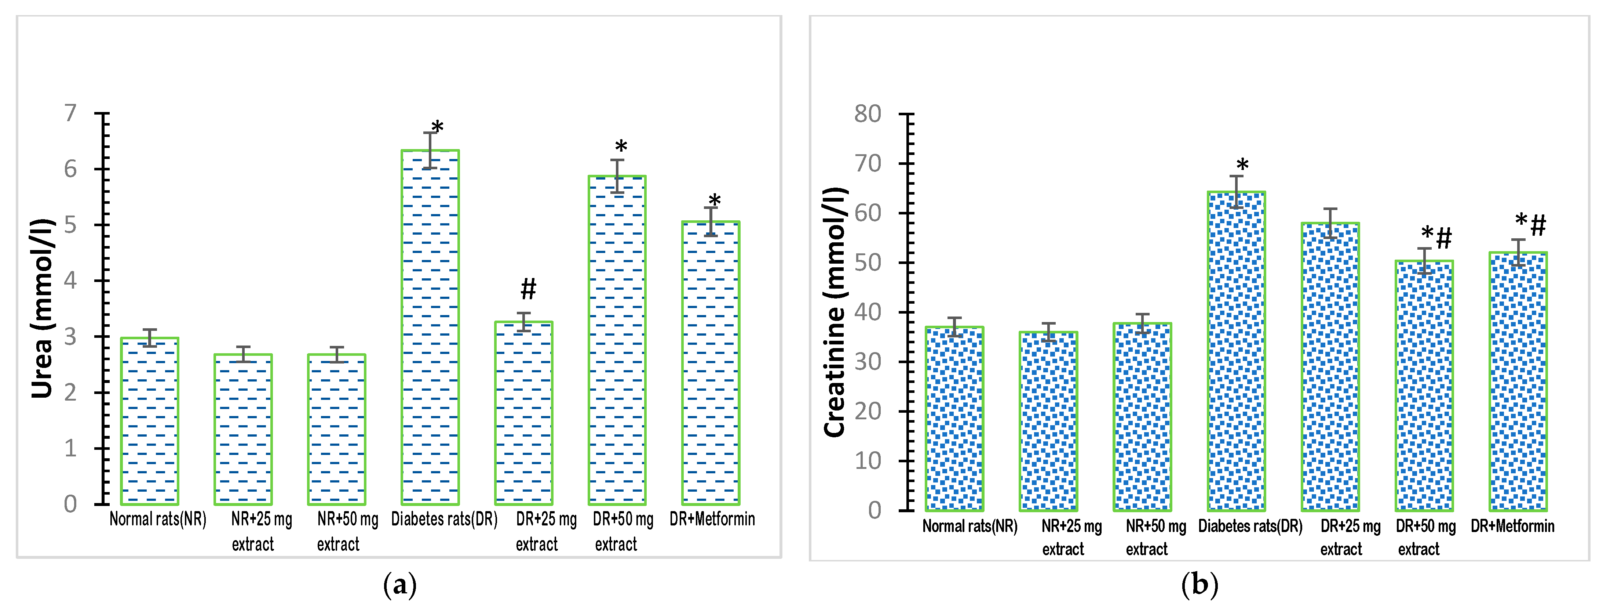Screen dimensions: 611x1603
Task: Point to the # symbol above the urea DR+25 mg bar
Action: click(528, 289)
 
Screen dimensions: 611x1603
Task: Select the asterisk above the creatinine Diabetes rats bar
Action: click(1242, 166)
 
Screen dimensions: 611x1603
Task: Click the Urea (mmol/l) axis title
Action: click(42, 308)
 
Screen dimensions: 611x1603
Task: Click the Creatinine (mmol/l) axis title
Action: click(835, 311)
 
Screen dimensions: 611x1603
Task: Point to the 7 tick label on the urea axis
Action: click(70, 113)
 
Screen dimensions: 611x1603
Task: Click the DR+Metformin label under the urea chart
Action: click(712, 519)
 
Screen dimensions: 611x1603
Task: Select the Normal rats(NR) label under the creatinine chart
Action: click(970, 526)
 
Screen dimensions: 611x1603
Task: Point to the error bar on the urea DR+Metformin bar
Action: click(711, 222)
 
